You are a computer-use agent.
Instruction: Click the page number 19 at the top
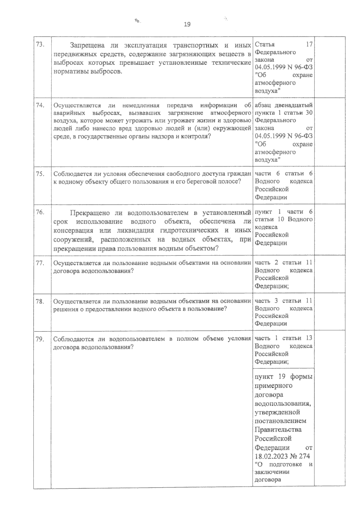pyautogui.click(x=187, y=25)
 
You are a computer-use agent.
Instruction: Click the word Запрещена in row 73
pyautogui.click(x=87, y=46)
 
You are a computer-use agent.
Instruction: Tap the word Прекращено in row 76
pyautogui.click(x=90, y=213)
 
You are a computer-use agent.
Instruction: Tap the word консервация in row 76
pyautogui.click(x=71, y=231)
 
